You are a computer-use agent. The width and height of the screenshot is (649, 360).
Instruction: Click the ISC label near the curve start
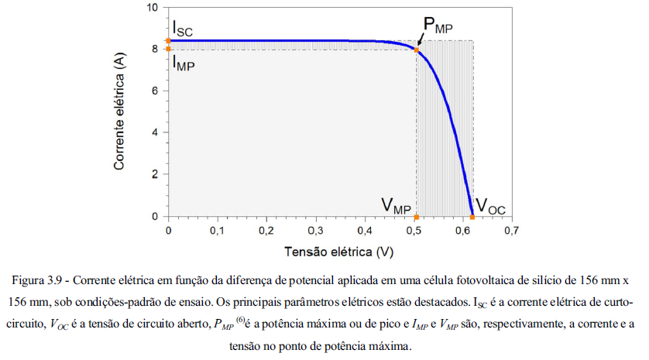[183, 32]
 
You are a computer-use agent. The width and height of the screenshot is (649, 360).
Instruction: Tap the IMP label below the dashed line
[184, 63]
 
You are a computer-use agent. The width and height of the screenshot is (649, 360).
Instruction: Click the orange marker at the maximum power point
[417, 50]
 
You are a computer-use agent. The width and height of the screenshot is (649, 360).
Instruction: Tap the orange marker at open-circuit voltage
[472, 217]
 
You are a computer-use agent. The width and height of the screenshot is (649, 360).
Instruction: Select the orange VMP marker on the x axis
[417, 217]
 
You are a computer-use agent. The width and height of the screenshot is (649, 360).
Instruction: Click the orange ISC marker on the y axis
[169, 40]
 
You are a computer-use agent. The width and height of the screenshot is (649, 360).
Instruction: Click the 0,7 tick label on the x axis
[511, 231]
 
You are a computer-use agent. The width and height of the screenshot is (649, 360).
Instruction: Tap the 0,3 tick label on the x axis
[315, 231]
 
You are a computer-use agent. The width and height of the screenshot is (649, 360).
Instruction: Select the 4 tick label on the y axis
[156, 133]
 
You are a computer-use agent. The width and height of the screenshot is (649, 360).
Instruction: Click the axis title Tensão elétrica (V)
[339, 252]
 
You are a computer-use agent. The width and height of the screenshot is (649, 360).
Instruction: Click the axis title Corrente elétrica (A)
[121, 113]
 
